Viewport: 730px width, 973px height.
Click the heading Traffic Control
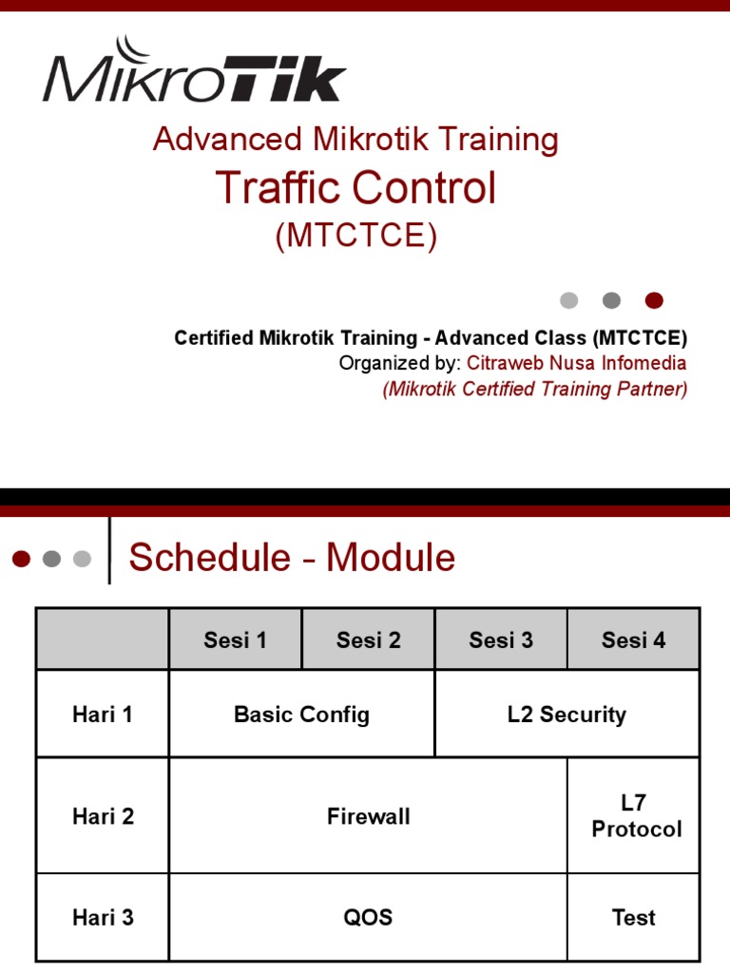[x=355, y=187]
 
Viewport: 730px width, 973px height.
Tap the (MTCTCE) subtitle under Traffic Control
[x=356, y=236]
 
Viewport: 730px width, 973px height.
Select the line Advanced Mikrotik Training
[x=355, y=139]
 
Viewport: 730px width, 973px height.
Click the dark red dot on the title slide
[x=654, y=301]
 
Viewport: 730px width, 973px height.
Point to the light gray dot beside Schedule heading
[x=82, y=559]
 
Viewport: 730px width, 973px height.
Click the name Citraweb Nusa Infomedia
[x=576, y=363]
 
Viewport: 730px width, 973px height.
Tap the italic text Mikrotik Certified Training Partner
[x=535, y=389]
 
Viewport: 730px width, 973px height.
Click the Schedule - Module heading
[x=292, y=558]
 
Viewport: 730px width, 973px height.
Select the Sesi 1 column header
[x=235, y=640]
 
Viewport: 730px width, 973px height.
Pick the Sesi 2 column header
[x=368, y=640]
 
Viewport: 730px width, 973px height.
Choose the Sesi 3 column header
[x=501, y=640]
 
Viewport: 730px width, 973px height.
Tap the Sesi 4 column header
[x=633, y=640]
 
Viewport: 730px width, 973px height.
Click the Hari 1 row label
[x=103, y=715]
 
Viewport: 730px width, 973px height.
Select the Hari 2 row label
[x=103, y=816]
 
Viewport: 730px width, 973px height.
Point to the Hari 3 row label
[x=103, y=918]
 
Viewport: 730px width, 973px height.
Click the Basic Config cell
[x=301, y=715]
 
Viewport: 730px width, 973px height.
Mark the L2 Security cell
[x=567, y=715]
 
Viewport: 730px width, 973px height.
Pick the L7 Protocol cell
[x=636, y=816]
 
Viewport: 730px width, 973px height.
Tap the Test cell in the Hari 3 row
[x=633, y=918]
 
